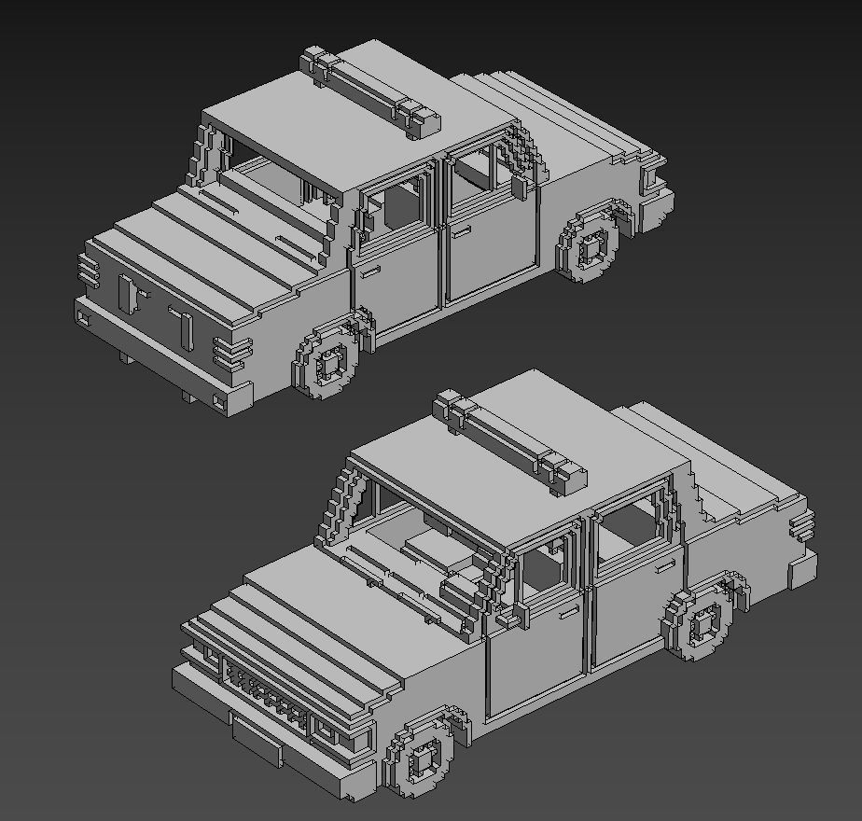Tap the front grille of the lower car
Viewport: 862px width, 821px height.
[x=271, y=695]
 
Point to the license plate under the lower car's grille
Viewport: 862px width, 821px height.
[x=256, y=737]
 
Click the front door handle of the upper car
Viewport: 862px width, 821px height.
[x=370, y=271]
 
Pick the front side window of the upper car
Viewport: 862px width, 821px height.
[x=397, y=205]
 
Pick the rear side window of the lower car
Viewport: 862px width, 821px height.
[x=630, y=527]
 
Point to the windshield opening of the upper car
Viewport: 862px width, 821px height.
[x=271, y=173]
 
